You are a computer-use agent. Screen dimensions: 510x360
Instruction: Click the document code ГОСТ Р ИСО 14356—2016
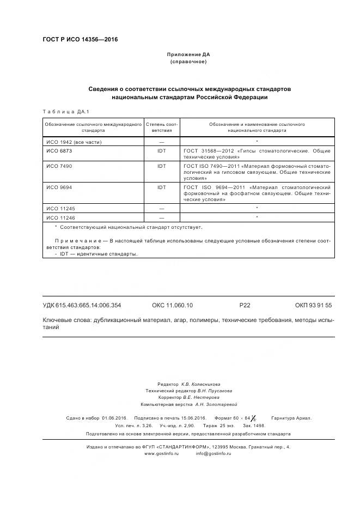coord(80,40)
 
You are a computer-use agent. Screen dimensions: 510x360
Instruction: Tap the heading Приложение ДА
coord(188,55)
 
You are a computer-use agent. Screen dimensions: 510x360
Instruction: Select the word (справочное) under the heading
coord(188,62)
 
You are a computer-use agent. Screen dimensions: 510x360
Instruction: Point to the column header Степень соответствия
coord(161,127)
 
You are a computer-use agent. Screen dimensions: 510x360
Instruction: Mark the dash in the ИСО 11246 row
coord(161,218)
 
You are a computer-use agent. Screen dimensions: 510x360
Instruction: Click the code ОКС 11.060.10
coord(172,306)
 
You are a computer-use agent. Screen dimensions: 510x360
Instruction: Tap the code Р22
coord(245,306)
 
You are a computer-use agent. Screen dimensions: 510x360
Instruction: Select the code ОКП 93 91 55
coord(313,306)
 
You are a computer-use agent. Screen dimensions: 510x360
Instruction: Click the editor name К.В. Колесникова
coord(201,384)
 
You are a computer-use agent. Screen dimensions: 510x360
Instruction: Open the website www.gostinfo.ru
coord(161,453)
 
